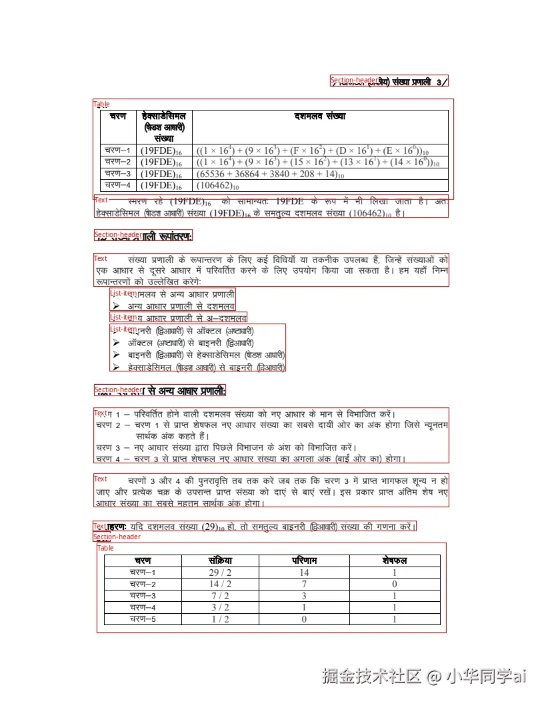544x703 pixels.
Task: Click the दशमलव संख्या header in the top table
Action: tap(320, 117)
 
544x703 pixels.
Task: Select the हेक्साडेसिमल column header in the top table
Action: tap(163, 117)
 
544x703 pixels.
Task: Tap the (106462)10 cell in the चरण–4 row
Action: tap(217, 186)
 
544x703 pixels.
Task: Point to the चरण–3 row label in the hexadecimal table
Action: tap(117, 173)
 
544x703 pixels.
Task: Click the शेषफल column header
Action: tap(395, 561)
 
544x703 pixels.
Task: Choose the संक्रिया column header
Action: tap(220, 561)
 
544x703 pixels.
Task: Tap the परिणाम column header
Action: tap(304, 561)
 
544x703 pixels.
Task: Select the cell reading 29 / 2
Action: tap(220, 573)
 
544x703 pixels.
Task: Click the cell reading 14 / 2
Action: tap(220, 585)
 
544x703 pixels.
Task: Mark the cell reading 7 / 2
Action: tap(220, 596)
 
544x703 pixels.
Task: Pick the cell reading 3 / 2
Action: tap(220, 607)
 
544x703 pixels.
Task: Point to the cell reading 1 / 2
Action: tap(220, 619)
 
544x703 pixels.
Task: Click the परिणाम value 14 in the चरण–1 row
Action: tap(304, 573)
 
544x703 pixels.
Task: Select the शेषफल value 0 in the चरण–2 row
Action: tap(395, 585)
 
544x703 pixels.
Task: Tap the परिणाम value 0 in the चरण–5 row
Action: tap(304, 619)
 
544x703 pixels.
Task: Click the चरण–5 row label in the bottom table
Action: tap(143, 619)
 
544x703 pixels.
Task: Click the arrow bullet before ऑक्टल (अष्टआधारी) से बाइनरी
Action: tap(116, 343)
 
